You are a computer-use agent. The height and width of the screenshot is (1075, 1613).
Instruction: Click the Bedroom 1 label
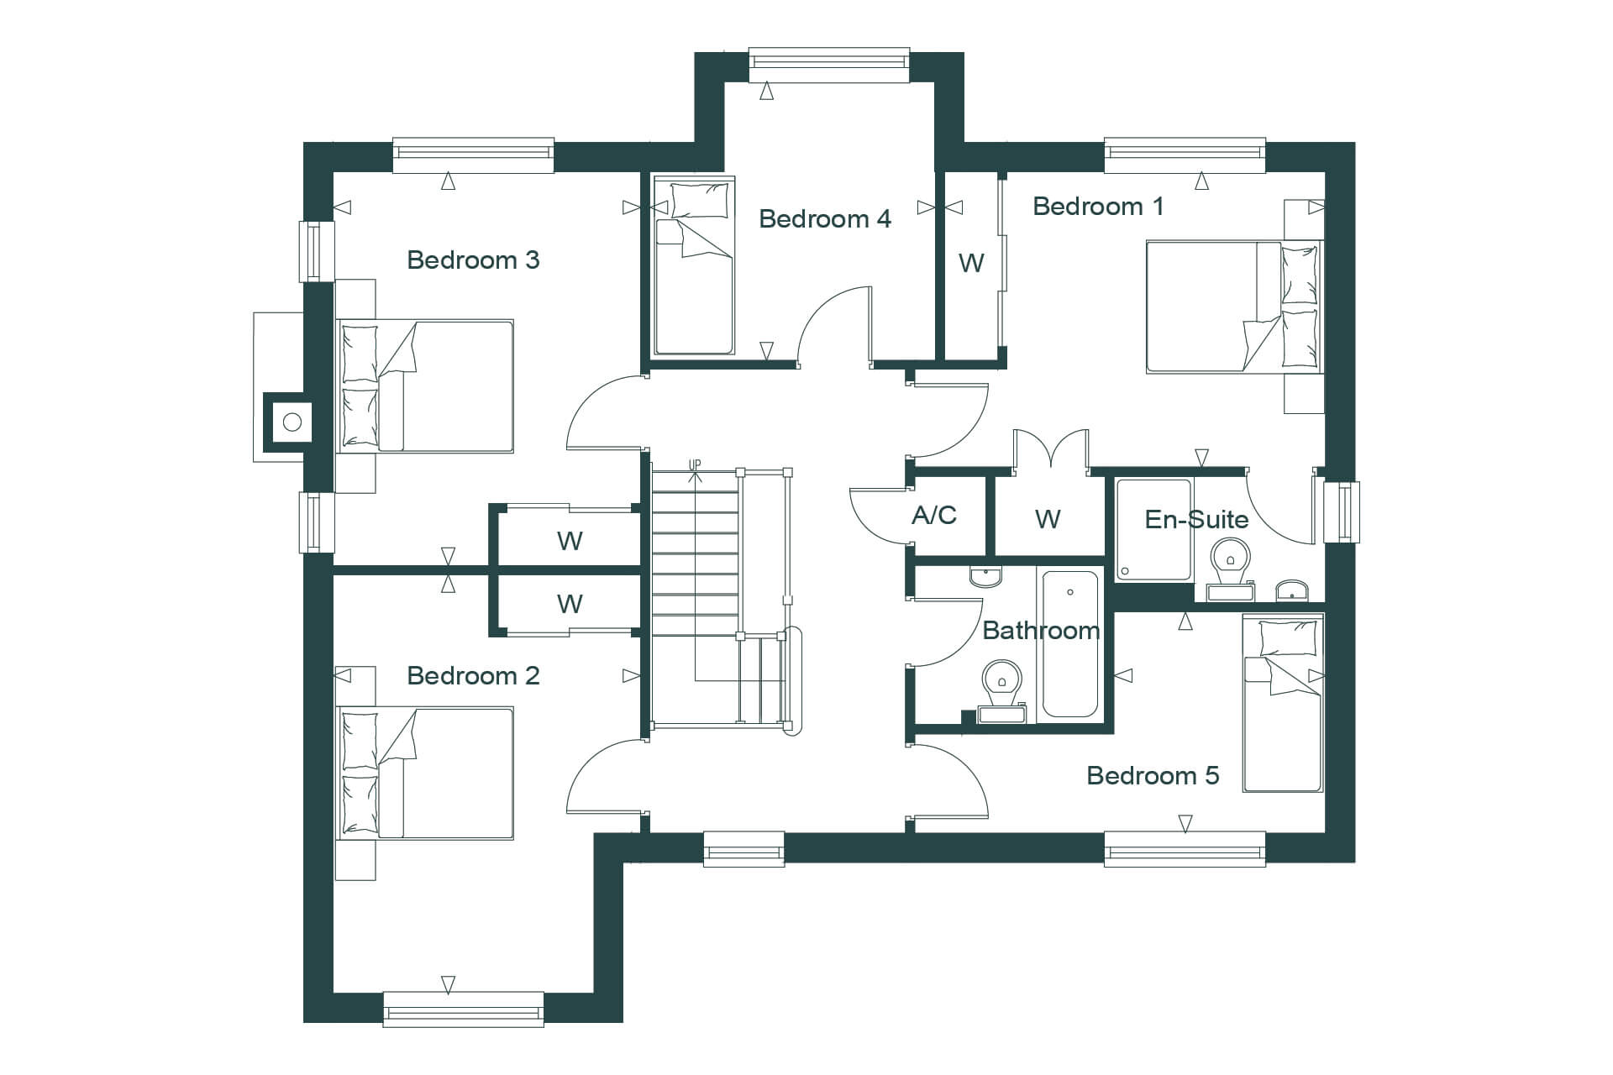(1098, 207)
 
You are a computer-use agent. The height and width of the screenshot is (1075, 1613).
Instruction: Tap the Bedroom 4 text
(824, 219)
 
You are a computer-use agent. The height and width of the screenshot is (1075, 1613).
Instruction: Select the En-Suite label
(1196, 520)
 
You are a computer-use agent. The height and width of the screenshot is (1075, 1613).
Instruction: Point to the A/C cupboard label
(934, 514)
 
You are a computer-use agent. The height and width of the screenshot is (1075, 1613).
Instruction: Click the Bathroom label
(1041, 631)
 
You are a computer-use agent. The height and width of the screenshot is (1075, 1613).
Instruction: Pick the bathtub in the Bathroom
(1069, 644)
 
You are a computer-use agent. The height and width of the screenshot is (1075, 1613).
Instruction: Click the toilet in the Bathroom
(1002, 691)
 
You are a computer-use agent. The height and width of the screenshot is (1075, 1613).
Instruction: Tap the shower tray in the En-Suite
(1154, 529)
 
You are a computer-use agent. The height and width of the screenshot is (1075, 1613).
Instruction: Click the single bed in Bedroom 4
(694, 265)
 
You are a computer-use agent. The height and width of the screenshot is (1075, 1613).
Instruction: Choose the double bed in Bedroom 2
(425, 773)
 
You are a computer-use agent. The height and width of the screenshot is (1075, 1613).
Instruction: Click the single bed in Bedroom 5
(1283, 702)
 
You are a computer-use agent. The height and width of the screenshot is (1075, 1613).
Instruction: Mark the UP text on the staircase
(695, 464)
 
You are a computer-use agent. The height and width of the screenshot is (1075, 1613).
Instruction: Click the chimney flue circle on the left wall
(292, 422)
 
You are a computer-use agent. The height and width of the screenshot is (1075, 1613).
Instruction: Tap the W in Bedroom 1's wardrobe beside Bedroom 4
(971, 264)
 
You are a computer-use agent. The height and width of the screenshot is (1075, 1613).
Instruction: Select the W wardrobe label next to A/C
(1048, 520)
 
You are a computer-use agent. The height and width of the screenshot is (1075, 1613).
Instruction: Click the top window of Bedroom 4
(829, 65)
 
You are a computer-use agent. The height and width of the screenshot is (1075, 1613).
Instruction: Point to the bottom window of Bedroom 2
(464, 1009)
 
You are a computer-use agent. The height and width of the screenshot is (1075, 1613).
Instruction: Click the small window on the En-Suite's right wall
(1341, 511)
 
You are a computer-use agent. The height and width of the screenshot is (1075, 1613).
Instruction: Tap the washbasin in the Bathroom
(985, 575)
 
